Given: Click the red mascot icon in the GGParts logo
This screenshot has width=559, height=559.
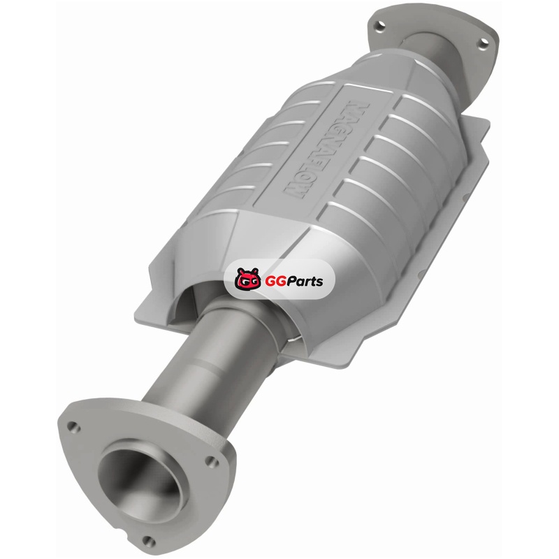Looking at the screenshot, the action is (247, 279).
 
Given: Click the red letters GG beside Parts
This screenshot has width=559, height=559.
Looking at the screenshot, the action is (274, 282).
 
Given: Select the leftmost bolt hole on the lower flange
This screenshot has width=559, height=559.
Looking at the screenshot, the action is (73, 427).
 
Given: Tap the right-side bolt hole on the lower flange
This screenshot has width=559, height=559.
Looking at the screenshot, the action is (212, 462).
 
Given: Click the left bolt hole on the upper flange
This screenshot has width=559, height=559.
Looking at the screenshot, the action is (379, 25).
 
